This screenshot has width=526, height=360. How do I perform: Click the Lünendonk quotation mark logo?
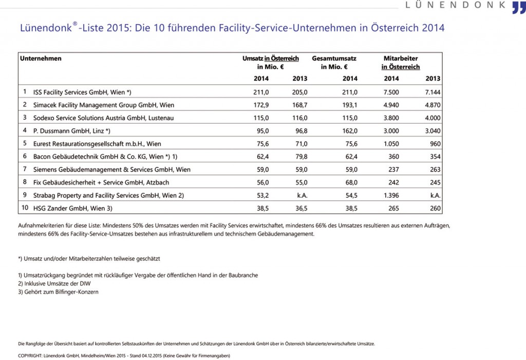click(x=519, y=7)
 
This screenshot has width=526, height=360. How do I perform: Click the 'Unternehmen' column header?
click(x=41, y=59)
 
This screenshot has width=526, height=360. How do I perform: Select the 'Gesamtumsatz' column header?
click(x=334, y=59)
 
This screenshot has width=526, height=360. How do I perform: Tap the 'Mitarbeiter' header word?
click(x=401, y=59)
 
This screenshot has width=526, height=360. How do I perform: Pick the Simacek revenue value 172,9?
click(x=261, y=105)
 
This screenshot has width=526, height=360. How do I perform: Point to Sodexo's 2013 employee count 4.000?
click(x=433, y=118)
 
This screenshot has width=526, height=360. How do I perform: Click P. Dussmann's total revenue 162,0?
click(x=350, y=131)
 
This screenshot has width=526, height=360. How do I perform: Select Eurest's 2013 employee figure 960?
click(x=436, y=144)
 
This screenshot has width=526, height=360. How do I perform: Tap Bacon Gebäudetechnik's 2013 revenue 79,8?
click(x=301, y=157)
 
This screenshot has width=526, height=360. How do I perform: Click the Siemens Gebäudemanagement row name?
click(x=111, y=170)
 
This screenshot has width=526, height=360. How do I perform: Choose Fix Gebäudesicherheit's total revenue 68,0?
click(x=351, y=182)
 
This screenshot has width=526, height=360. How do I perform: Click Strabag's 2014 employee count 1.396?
click(x=391, y=196)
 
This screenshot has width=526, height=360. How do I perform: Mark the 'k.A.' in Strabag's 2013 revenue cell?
click(x=302, y=196)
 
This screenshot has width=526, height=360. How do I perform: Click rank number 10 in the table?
click(x=25, y=208)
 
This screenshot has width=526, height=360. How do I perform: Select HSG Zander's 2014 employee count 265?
click(x=394, y=209)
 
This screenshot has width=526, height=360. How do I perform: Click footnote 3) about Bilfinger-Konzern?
click(x=59, y=292)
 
